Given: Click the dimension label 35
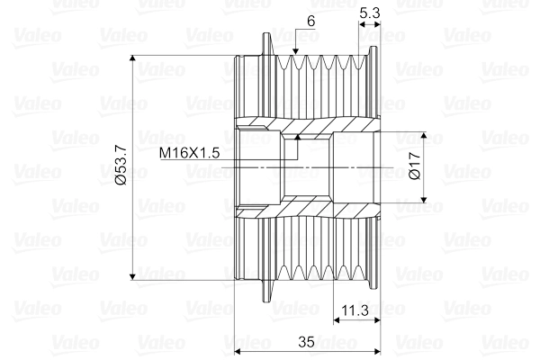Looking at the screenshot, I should pos(305,342).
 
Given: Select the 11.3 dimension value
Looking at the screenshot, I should pos(353,311).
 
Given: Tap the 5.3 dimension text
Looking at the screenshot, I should pos(369,13).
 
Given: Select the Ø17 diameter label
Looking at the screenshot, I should pos(415,166).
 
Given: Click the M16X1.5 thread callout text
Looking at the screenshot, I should pos(190,152).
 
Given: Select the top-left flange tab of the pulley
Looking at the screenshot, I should pos(267,41).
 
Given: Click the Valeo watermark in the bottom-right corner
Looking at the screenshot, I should pos(509,342).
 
